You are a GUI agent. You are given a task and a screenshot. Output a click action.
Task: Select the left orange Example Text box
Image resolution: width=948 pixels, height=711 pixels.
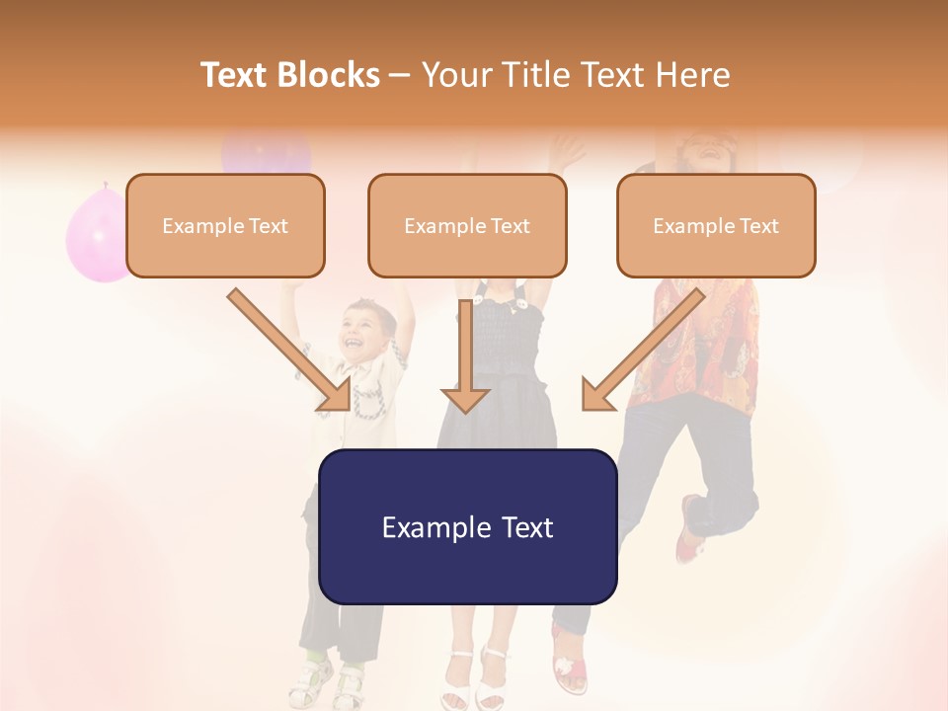point(225,225)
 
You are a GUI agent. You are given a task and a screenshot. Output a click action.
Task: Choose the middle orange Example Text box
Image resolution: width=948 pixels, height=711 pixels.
point(467,225)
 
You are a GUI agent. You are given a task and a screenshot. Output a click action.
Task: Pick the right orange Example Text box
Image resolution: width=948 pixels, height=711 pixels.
point(716,225)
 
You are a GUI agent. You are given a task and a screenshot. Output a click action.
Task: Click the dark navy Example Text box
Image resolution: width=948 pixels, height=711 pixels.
point(467,526)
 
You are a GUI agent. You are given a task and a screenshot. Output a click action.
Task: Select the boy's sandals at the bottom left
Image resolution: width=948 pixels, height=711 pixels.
point(331,681)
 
